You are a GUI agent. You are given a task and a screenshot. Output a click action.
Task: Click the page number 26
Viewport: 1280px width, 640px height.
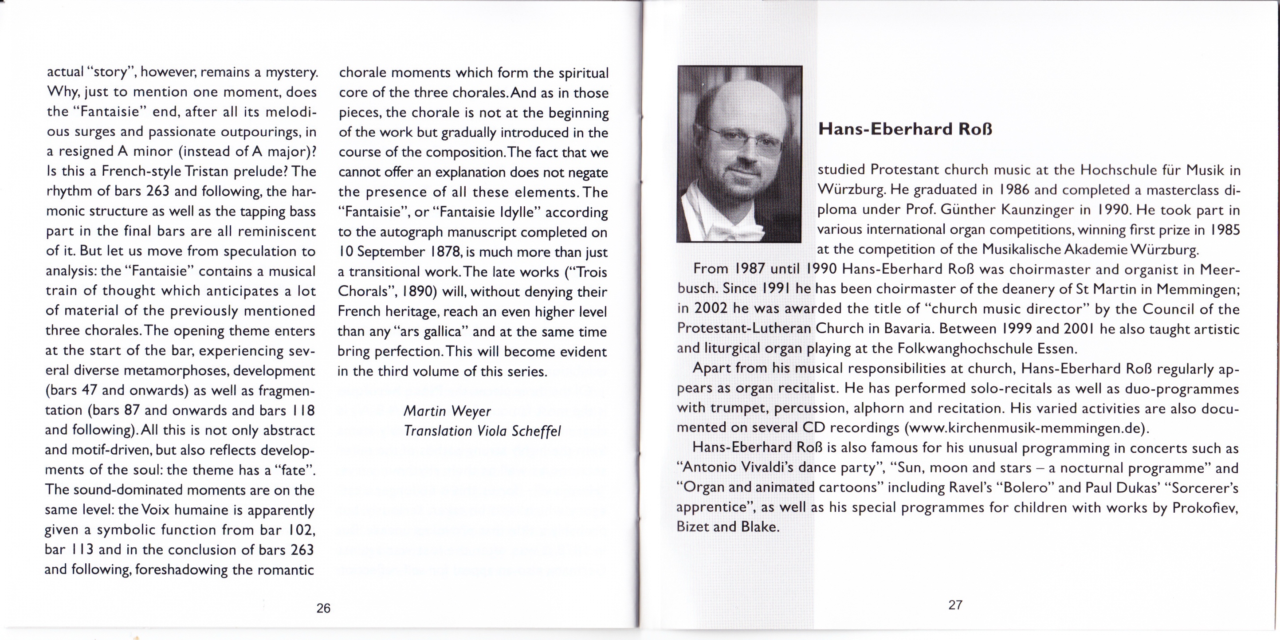pyautogui.click(x=323, y=608)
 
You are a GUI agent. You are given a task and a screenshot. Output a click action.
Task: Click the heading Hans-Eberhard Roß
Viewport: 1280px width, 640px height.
pyautogui.click(x=905, y=129)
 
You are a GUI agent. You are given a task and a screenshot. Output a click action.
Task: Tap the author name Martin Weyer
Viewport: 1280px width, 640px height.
pyautogui.click(x=447, y=411)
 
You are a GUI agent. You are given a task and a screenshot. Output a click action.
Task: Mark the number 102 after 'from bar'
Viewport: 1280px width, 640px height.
pyautogui.click(x=301, y=530)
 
